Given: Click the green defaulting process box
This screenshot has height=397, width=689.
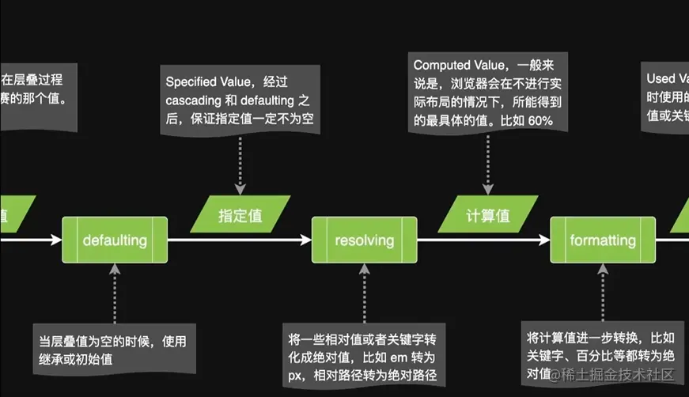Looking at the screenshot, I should tap(115, 240).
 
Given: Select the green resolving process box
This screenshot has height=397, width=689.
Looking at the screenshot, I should tap(364, 240).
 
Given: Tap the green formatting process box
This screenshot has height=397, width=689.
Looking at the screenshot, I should tap(603, 240).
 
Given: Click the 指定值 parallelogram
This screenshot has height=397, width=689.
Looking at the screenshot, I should tap(240, 214).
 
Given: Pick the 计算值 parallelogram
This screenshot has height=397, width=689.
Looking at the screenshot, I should tap(488, 214).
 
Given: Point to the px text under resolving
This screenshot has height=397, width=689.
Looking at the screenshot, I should tap(299, 376).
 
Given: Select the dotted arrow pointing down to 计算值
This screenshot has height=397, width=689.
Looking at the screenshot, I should tap(488, 162).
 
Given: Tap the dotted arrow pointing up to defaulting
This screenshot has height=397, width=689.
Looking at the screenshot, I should tap(115, 293).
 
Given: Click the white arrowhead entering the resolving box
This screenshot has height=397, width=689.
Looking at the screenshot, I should tap(306, 240).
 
